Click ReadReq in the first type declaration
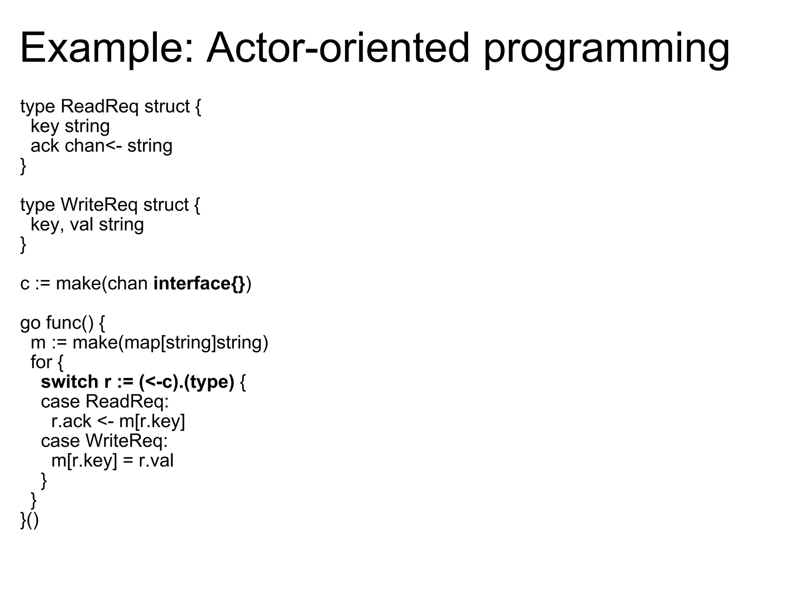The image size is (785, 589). pyautogui.click(x=99, y=106)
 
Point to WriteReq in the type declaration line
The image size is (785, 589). pyautogui.click(x=99, y=205)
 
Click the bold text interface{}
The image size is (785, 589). pyautogui.click(x=199, y=284)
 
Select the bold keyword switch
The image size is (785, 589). pyautogui.click(x=69, y=382)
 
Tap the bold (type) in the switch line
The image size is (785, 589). pyautogui.click(x=209, y=382)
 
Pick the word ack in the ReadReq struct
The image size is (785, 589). pyautogui.click(x=44, y=146)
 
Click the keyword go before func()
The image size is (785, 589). pyautogui.click(x=30, y=323)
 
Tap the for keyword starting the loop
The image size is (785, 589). pyautogui.click(x=41, y=362)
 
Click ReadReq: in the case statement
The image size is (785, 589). pyautogui.click(x=127, y=401)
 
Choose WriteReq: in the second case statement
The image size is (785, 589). pyautogui.click(x=126, y=441)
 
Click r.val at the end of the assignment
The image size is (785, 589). pyautogui.click(x=156, y=461)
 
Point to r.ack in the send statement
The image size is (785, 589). pyautogui.click(x=71, y=421)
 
